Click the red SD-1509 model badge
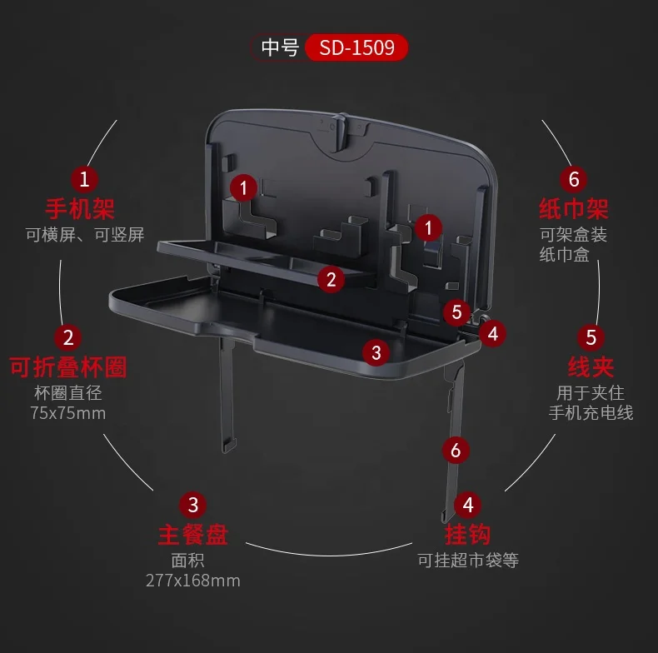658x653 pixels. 356,47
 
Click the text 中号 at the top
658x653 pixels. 280,47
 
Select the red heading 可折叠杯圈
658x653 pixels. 68,366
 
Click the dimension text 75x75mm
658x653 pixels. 68,412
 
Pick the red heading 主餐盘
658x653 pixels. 192,533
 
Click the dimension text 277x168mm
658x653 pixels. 192,580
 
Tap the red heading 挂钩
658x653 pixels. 468,533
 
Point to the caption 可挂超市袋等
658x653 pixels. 468,560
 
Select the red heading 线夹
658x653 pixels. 591,366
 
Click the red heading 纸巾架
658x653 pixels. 574,207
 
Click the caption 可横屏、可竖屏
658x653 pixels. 84,234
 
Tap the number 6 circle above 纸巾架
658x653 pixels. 573,179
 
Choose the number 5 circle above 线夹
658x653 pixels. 591,337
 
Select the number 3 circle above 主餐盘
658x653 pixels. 192,505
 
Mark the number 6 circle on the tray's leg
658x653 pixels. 455,451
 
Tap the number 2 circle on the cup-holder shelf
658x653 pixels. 331,279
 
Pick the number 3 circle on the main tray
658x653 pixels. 376,352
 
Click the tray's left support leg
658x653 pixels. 226,391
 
